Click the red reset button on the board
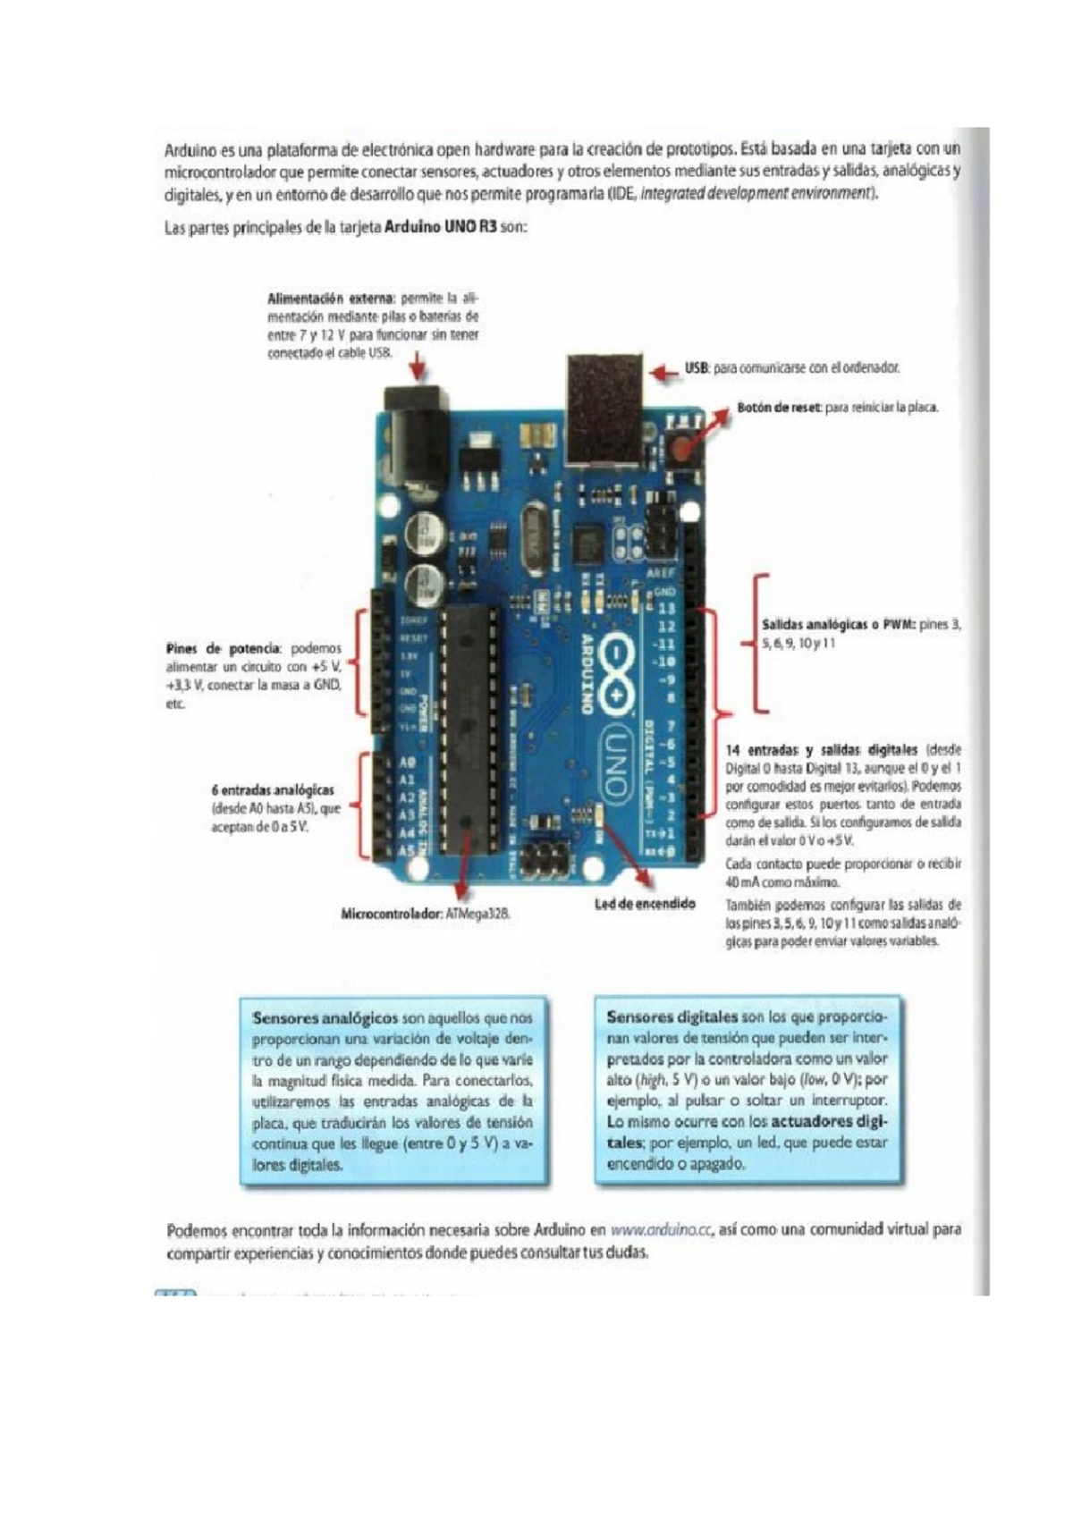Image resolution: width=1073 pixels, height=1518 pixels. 685,447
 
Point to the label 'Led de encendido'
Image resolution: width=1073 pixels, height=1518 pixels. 645,904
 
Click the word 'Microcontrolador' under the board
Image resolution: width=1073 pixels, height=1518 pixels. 391,915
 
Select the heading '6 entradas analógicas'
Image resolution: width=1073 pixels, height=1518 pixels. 273,790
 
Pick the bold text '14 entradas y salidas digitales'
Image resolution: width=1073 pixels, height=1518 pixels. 821,750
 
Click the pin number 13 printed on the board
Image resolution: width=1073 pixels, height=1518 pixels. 665,608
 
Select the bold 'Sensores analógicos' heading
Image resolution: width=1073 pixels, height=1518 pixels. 325,1018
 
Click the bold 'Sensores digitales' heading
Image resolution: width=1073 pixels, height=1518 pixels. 672,1016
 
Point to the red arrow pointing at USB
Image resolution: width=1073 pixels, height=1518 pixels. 663,373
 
